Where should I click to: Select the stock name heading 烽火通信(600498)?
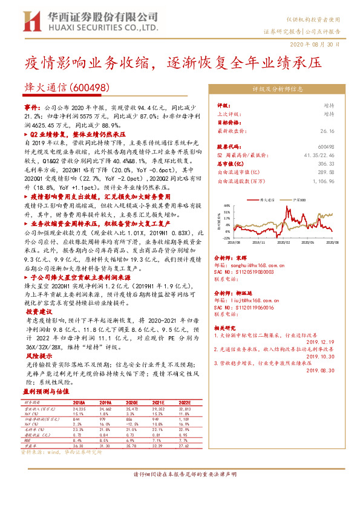pos(69,88)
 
